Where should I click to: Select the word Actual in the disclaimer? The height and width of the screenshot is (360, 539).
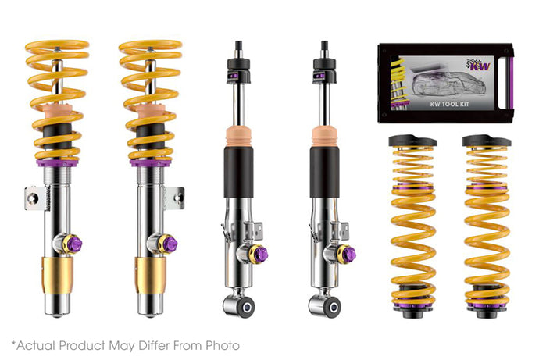click(34, 345)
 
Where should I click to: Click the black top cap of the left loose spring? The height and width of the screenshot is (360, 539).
click(413, 141)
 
